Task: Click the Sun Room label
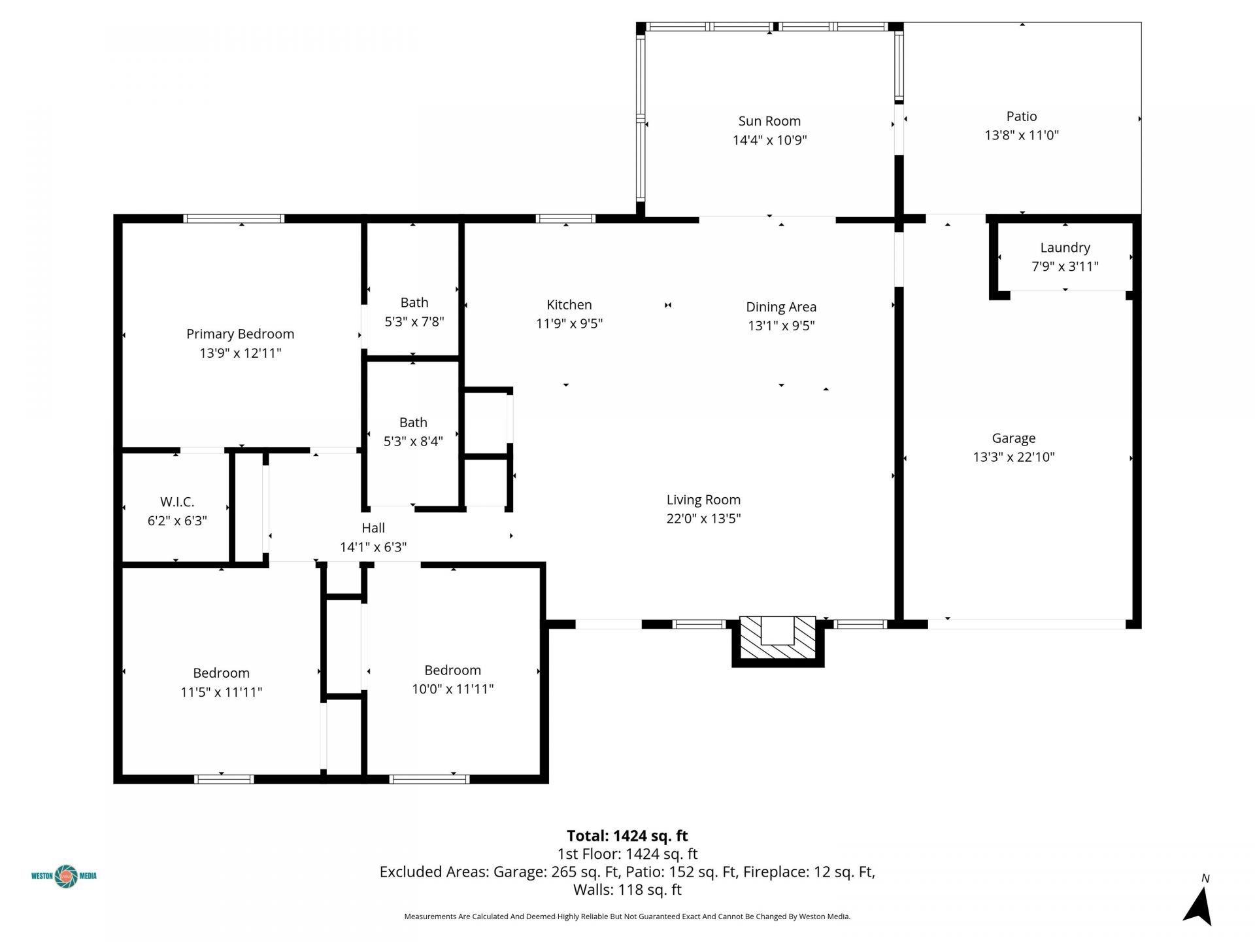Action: [769, 121]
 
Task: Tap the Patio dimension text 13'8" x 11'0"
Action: [1021, 135]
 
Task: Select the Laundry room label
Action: [1065, 247]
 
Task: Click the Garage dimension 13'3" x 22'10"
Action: [1013, 457]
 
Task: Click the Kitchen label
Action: [569, 305]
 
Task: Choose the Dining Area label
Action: [781, 307]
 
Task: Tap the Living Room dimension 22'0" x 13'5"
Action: [703, 519]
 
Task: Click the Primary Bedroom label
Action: [240, 334]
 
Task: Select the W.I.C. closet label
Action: [177, 502]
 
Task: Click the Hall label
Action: [373, 528]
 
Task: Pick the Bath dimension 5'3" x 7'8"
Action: [414, 321]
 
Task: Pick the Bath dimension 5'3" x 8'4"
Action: [413, 442]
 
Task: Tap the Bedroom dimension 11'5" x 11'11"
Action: [221, 692]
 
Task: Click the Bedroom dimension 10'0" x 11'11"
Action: [452, 689]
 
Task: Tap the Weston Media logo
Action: [64, 876]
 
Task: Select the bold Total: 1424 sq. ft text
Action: [627, 836]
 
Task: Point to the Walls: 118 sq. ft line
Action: [627, 890]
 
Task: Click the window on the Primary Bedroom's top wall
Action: [233, 218]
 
